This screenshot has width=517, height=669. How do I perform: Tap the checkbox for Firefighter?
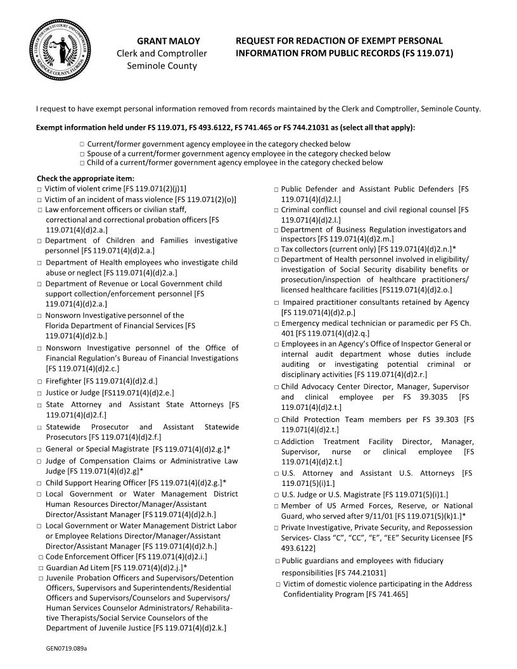click(x=39, y=382)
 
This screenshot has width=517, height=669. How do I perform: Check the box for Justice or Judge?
click(x=39, y=393)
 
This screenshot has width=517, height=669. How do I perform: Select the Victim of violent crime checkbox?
click(x=39, y=189)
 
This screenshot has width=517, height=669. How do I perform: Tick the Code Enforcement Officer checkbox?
click(x=41, y=557)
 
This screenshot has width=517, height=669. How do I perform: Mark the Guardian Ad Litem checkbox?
click(x=41, y=568)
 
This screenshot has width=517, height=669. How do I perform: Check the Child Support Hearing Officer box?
click(x=39, y=483)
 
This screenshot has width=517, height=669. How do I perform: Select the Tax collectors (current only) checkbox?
click(x=276, y=250)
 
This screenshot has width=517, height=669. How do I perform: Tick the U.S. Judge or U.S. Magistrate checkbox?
click(x=277, y=495)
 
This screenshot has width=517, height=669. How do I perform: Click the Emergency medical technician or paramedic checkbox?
click(x=277, y=324)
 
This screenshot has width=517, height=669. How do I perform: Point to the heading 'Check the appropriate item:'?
click(x=86, y=179)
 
